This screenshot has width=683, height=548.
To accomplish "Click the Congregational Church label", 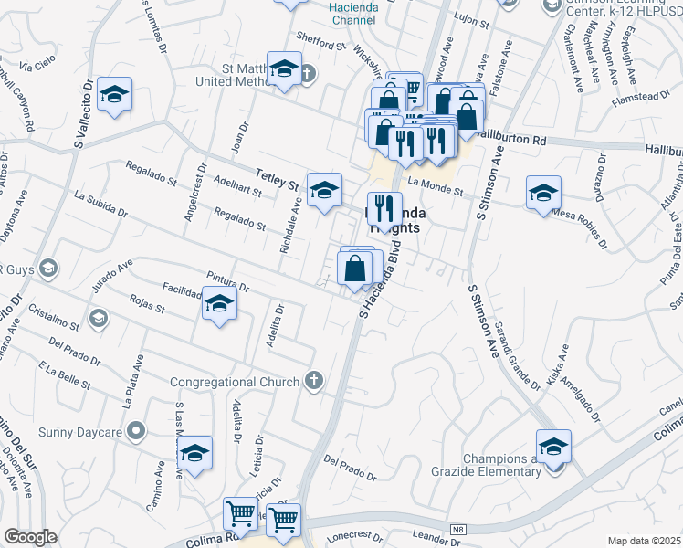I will (236, 382).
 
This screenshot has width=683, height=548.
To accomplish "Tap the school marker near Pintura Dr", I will (219, 305).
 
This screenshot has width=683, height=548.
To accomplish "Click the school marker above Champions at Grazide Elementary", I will (553, 447).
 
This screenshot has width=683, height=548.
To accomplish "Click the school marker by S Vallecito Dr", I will (115, 94).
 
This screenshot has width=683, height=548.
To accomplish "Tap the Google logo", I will (30, 537).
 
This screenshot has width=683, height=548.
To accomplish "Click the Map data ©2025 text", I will (644, 540).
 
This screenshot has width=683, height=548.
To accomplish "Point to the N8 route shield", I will (459, 529).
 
